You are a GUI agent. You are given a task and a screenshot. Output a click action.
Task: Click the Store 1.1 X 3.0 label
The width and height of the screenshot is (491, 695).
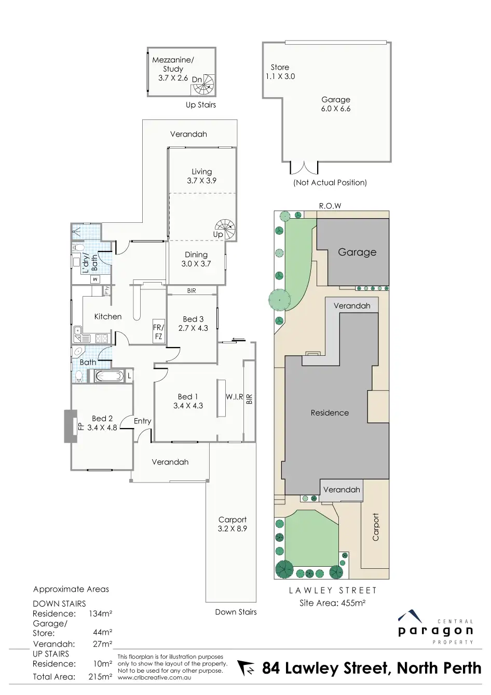pyautogui.click(x=280, y=72)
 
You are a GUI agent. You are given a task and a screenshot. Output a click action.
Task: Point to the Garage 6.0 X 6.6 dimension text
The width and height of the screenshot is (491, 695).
pyautogui.click(x=336, y=109)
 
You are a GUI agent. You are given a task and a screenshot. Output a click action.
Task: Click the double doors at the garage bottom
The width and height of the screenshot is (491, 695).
pyautogui.click(x=304, y=167)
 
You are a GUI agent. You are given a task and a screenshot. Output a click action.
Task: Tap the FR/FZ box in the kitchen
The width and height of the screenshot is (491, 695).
pyautogui.click(x=158, y=331)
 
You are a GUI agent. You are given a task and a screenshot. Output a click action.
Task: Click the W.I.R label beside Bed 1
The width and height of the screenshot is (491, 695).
pyautogui.click(x=234, y=397)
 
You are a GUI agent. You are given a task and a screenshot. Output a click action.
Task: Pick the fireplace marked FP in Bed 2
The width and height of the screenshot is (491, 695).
pyautogui.click(x=71, y=426)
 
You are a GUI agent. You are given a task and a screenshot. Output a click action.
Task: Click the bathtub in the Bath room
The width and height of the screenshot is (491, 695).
pyautogui.click(x=109, y=376)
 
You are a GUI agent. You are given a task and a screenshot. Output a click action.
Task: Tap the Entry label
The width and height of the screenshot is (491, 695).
pyautogui.click(x=142, y=421)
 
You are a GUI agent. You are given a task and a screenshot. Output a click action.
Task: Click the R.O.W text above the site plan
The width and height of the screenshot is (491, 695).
pyautogui.click(x=330, y=206)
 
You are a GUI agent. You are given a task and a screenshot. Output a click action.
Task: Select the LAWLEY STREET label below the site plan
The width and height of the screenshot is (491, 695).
pyautogui.click(x=332, y=590)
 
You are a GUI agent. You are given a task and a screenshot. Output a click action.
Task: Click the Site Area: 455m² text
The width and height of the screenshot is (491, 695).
pyautogui.click(x=332, y=603)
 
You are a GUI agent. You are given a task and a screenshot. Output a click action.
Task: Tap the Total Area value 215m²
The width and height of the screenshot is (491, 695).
pyautogui.click(x=101, y=677)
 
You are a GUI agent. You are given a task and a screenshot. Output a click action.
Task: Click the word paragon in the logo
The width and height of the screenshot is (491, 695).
pyautogui.click(x=435, y=631)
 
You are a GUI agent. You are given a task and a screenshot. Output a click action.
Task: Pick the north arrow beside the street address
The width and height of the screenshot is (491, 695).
pyautogui.click(x=247, y=668)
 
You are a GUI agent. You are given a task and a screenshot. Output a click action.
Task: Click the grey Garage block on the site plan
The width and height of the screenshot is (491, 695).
pyautogui.click(x=357, y=252)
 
